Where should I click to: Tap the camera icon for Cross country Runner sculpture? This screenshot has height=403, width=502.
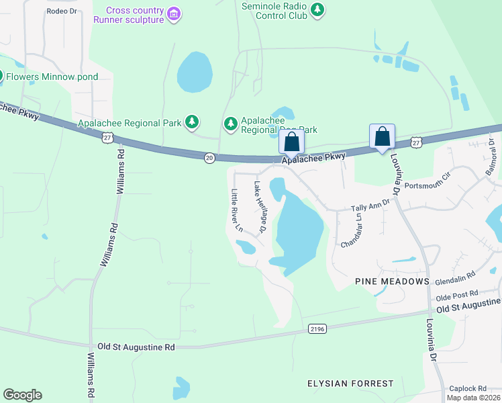[174, 14]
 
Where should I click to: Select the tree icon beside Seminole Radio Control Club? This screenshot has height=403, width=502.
[317, 10]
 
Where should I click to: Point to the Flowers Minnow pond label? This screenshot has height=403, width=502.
[52, 77]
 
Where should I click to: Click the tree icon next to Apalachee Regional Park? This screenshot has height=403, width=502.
[193, 122]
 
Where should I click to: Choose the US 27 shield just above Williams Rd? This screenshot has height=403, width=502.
[107, 137]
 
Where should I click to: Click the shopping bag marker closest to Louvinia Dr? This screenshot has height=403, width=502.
[382, 136]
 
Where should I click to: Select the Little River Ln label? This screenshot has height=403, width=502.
[236, 210]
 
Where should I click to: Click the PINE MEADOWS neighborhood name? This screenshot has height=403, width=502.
[393, 281]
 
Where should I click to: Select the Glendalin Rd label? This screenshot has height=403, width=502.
[456, 274]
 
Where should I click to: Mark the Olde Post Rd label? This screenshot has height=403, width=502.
[457, 294]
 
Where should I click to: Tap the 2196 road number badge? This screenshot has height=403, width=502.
[318, 328]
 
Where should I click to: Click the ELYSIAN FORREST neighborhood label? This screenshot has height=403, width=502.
[350, 384]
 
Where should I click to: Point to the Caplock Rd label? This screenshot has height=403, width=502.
[468, 388]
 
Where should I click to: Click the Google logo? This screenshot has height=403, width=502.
[22, 395]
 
